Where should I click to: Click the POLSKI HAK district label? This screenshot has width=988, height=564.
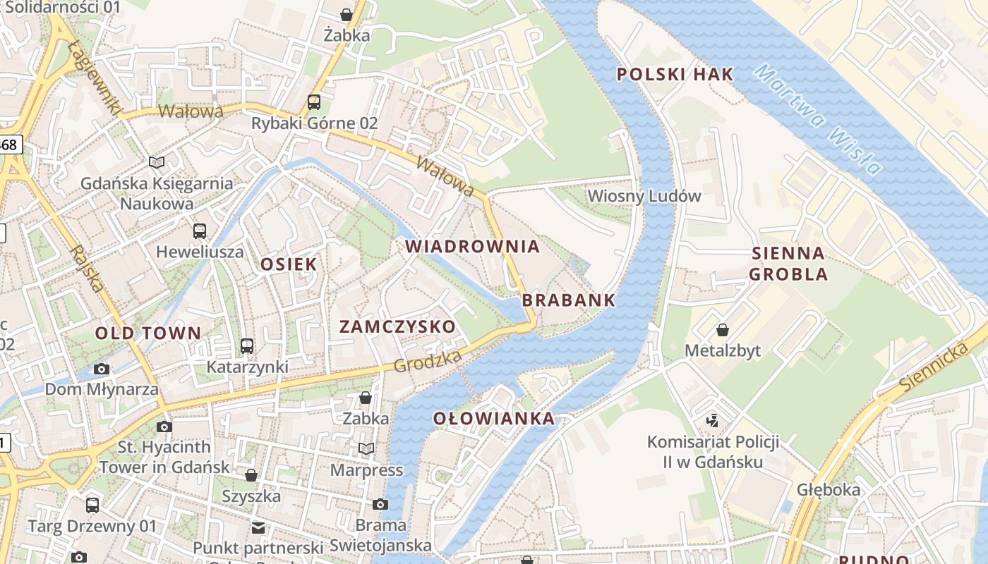(675, 74)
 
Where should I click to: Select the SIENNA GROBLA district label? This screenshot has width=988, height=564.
(788, 264)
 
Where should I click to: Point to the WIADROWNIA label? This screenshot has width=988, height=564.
(473, 247)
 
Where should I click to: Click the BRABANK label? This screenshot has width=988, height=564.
(569, 300)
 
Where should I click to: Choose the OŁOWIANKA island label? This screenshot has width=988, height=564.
(494, 419)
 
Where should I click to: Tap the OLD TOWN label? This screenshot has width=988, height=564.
(148, 333)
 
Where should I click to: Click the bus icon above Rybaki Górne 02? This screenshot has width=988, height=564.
(314, 102)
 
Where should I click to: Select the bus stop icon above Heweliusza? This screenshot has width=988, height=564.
(200, 231)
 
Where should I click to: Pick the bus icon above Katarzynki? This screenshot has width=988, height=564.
(246, 345)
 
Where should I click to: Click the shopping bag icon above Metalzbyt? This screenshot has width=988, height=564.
(723, 329)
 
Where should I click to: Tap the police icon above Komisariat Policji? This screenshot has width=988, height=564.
(713, 421)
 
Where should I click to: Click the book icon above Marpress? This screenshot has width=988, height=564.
(366, 448)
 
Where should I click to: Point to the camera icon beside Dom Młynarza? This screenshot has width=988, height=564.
(102, 369)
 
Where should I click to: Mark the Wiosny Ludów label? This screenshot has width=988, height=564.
(644, 195)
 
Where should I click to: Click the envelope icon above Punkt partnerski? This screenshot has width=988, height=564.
(258, 527)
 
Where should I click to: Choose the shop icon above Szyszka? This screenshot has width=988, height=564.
(251, 474)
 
